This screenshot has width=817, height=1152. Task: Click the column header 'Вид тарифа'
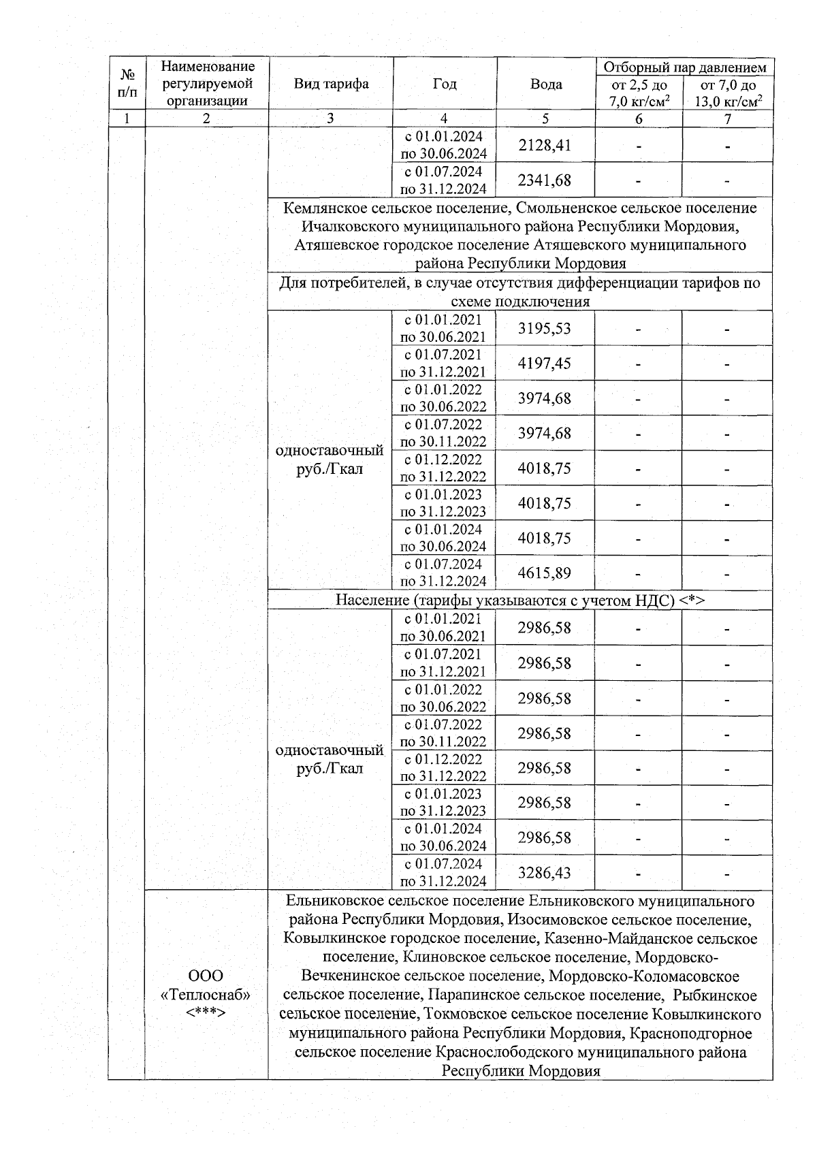331,84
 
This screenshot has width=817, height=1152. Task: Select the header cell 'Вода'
546,84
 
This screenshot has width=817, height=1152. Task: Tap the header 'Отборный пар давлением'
685,67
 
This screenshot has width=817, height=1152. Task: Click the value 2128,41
545,145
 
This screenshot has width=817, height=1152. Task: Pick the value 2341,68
545,180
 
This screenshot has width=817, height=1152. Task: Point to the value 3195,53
545,329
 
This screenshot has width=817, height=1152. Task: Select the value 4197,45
545,364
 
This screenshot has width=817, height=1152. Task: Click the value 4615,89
545,573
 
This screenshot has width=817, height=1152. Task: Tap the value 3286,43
545,873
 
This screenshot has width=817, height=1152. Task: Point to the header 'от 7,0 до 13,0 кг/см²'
728,93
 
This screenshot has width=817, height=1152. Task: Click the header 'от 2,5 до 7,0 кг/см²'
639,93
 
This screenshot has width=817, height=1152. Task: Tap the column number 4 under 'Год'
444,118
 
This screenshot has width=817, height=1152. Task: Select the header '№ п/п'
127,84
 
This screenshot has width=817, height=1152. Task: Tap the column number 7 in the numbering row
728,118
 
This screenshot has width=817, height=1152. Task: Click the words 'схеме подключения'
520,302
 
